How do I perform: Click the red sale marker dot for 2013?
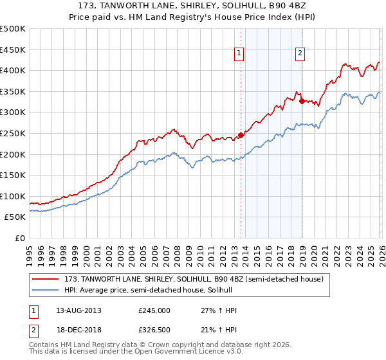click(x=241, y=135)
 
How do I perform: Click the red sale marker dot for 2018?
click(x=302, y=101)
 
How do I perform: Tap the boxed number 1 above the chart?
click(x=239, y=54)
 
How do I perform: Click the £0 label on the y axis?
click(x=20, y=238)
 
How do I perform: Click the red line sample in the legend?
click(x=46, y=278)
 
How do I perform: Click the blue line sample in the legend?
click(x=46, y=290)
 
